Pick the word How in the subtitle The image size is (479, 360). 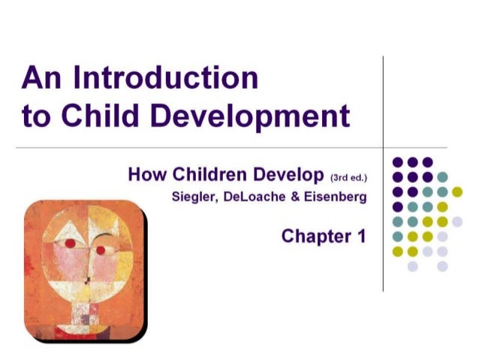pyautogui.click(x=145, y=176)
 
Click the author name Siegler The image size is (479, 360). pyautogui.click(x=190, y=198)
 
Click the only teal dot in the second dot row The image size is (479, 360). pyautogui.click(x=442, y=177)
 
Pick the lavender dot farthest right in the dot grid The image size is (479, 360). pyautogui.click(x=457, y=221)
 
